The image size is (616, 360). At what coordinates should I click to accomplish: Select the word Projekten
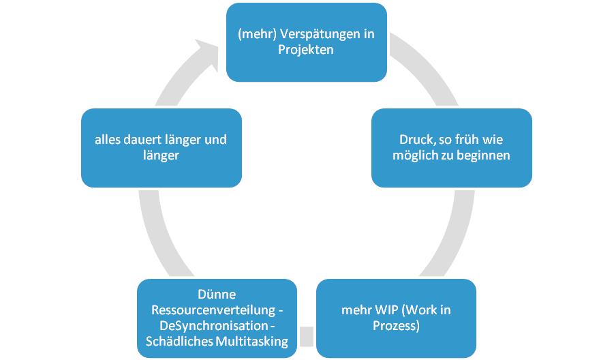(307, 50)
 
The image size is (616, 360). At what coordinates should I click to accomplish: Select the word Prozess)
(396, 326)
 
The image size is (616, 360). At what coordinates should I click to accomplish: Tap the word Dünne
(217, 295)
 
